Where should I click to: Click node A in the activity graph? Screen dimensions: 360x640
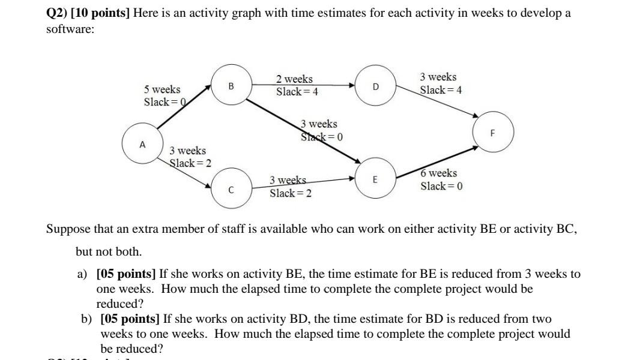pos(142,145)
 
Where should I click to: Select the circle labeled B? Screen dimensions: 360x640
pos(231,86)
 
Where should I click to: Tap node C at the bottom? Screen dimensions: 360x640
pos(231,190)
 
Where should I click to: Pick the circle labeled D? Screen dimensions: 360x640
pos(376,86)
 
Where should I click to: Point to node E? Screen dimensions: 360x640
pos(375,179)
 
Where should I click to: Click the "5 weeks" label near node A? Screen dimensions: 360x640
pos(162,89)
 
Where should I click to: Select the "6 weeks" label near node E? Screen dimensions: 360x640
pos(438,173)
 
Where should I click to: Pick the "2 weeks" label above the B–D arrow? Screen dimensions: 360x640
pos(294,79)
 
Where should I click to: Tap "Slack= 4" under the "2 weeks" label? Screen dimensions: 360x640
pos(297,92)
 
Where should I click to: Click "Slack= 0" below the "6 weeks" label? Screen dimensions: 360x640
pos(441,186)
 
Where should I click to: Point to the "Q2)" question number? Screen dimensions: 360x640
pos(56,13)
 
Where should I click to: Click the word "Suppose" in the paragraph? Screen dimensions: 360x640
pos(68,229)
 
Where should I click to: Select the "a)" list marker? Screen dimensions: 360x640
pos(82,274)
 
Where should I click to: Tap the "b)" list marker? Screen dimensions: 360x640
pos(86,319)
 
